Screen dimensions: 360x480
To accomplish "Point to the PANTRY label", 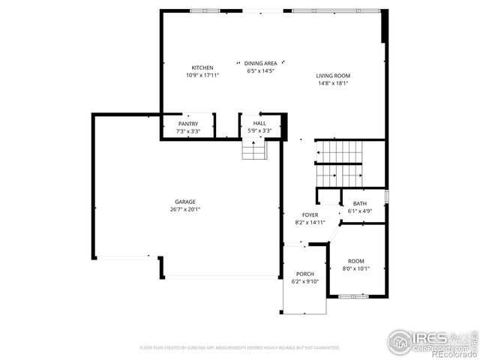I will point(187,124).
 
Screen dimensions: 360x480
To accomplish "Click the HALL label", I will point(259,123).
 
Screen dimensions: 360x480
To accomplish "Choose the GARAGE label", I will point(185,202).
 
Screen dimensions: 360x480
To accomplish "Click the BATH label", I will point(360,204).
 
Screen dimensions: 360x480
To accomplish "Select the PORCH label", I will point(304,274).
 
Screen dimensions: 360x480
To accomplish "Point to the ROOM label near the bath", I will point(355,260).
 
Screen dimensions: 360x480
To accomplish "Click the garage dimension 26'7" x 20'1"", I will point(185,209).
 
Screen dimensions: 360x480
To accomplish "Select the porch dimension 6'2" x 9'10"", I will point(304,281).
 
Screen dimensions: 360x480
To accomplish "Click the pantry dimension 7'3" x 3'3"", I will point(187,131).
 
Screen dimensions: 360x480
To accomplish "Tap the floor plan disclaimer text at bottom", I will point(240,348).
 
